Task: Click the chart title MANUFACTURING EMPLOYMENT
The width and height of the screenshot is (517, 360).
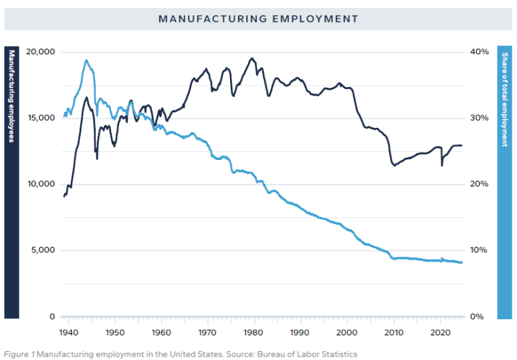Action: tap(258, 19)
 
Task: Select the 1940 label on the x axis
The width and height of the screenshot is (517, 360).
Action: tap(68, 332)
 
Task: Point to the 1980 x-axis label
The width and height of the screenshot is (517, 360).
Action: tap(253, 332)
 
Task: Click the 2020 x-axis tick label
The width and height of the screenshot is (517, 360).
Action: tap(440, 332)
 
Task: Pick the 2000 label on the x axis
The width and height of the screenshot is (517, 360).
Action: tap(347, 332)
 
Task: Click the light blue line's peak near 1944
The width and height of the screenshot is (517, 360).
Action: tap(86, 60)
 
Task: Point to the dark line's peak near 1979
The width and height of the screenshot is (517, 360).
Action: tap(252, 58)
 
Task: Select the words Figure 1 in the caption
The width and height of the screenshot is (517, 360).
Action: tap(19, 354)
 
